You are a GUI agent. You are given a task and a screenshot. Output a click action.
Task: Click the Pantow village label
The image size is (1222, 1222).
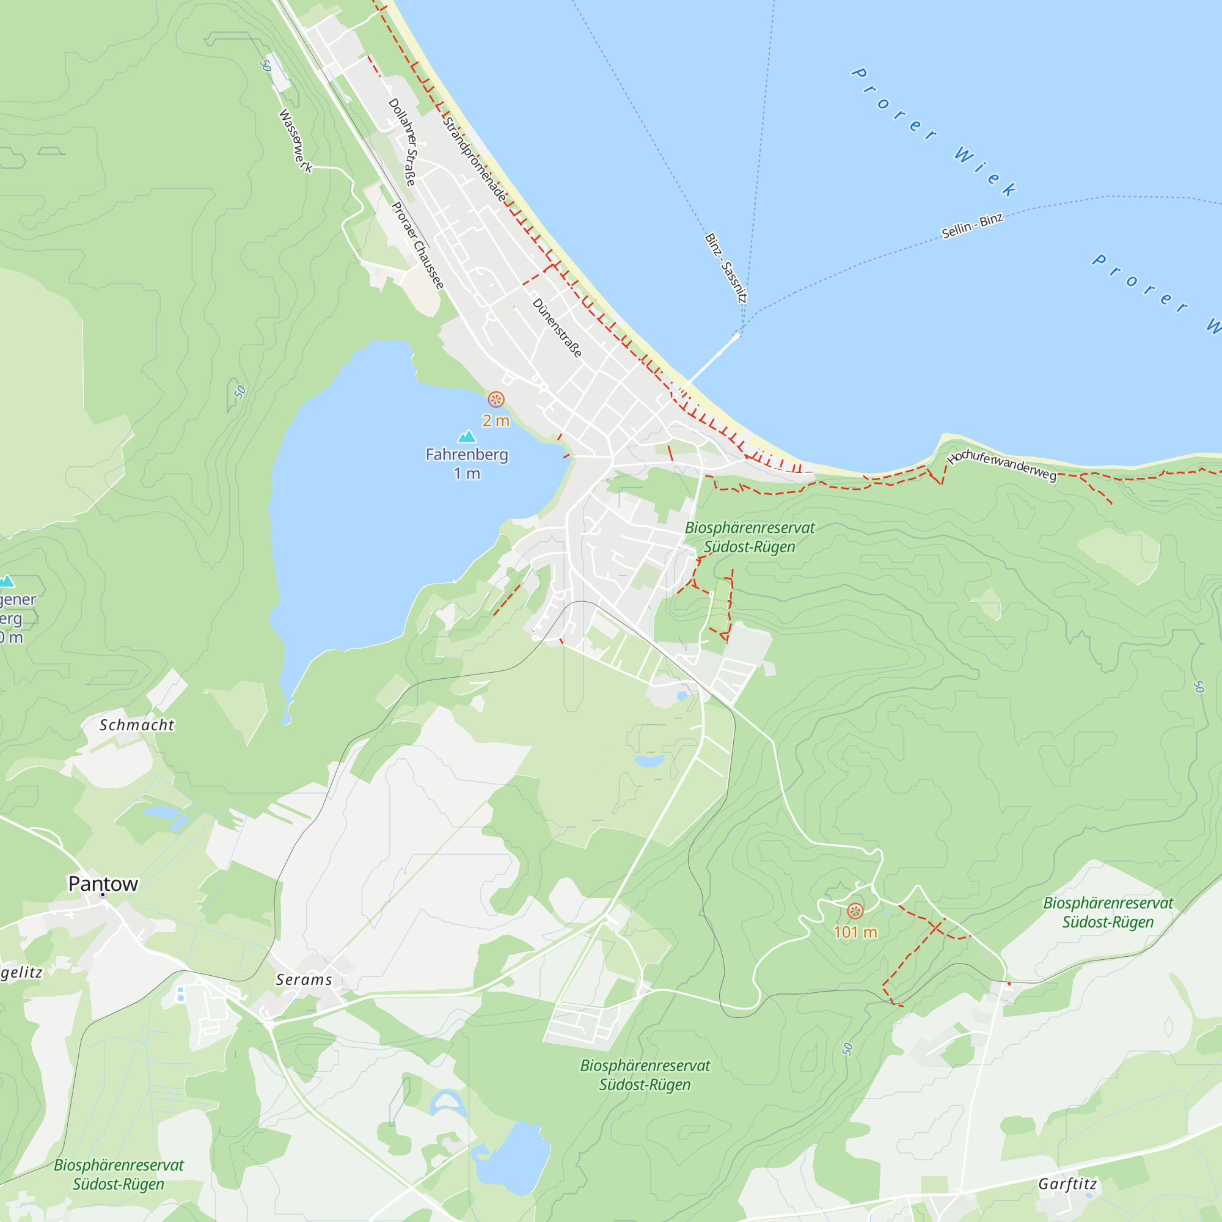click(x=103, y=884)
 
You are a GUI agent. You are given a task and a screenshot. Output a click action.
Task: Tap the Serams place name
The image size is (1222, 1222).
click(x=304, y=980)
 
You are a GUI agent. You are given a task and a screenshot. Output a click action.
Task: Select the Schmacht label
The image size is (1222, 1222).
click(x=137, y=725)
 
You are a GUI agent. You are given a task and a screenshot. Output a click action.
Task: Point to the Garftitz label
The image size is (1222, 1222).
click(x=1067, y=1184)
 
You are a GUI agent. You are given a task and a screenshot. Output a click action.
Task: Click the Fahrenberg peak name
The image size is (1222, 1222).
click(x=467, y=455)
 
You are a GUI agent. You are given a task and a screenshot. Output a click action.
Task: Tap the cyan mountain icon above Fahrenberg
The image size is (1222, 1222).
click(x=467, y=436)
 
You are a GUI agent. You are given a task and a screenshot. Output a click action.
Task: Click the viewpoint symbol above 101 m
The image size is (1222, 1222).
click(x=855, y=912)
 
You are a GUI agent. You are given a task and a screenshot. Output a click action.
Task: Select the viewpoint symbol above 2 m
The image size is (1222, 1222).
click(x=496, y=400)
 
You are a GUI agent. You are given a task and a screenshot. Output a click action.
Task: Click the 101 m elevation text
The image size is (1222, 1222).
click(x=855, y=932)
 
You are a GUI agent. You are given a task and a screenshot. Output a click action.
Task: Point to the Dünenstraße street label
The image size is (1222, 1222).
click(x=557, y=328)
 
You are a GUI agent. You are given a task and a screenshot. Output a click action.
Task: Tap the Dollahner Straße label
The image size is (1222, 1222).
click(x=403, y=142)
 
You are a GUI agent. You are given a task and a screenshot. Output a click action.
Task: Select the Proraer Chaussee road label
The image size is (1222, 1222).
click(x=417, y=246)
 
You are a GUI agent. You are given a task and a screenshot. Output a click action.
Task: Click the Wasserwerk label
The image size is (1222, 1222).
click(x=295, y=141)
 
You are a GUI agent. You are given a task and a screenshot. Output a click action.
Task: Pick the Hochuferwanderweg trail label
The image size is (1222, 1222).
click(x=1002, y=465)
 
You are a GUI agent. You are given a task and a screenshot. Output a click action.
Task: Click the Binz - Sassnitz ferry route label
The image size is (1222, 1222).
click(x=726, y=268)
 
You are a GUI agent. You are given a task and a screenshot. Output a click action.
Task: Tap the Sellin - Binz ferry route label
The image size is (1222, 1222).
click(x=972, y=226)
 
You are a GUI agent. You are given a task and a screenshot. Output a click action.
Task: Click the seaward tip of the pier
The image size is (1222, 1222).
click(x=736, y=337)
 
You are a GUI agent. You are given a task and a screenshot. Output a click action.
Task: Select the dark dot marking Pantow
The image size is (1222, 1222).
click(x=103, y=895)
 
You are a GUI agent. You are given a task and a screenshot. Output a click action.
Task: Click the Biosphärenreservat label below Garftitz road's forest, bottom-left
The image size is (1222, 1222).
click(x=119, y=1174)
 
